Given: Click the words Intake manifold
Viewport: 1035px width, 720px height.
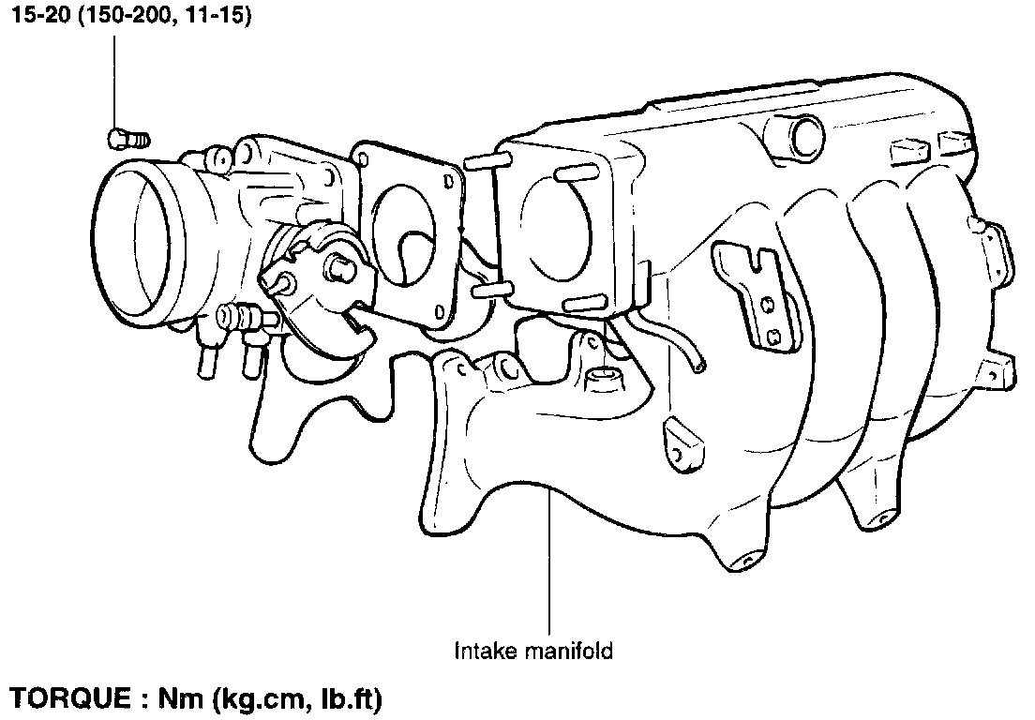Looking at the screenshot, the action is [x=534, y=652].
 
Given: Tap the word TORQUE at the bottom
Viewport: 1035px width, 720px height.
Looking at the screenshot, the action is [x=70, y=698].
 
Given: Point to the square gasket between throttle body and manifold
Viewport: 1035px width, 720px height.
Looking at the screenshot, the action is [x=410, y=231].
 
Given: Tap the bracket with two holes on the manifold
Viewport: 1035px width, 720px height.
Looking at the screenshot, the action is [x=756, y=291].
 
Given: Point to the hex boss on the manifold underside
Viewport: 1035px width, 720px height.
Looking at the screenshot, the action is [x=603, y=380].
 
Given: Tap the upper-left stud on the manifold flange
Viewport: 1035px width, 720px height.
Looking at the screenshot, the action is [x=487, y=161].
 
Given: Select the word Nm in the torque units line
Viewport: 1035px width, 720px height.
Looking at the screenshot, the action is [x=181, y=698].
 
